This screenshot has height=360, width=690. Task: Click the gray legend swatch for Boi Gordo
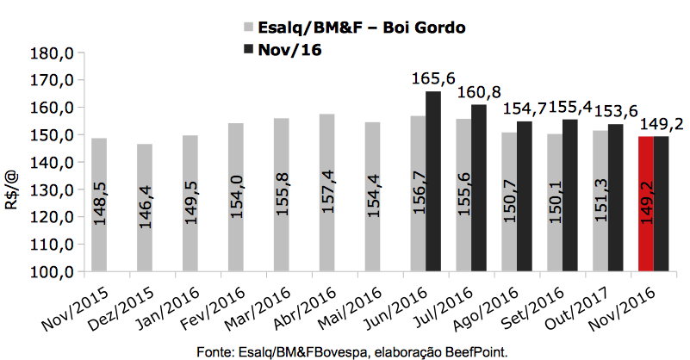pyautogui.click(x=249, y=28)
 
